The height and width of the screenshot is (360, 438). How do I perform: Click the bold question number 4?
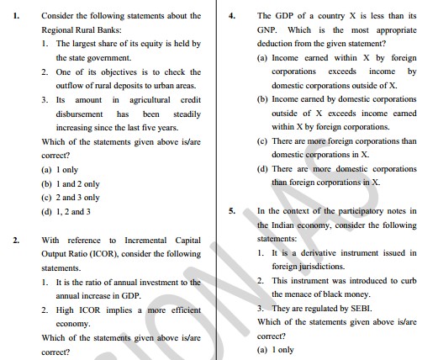pos(232,15)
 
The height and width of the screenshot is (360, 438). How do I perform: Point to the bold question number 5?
pos(232,211)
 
